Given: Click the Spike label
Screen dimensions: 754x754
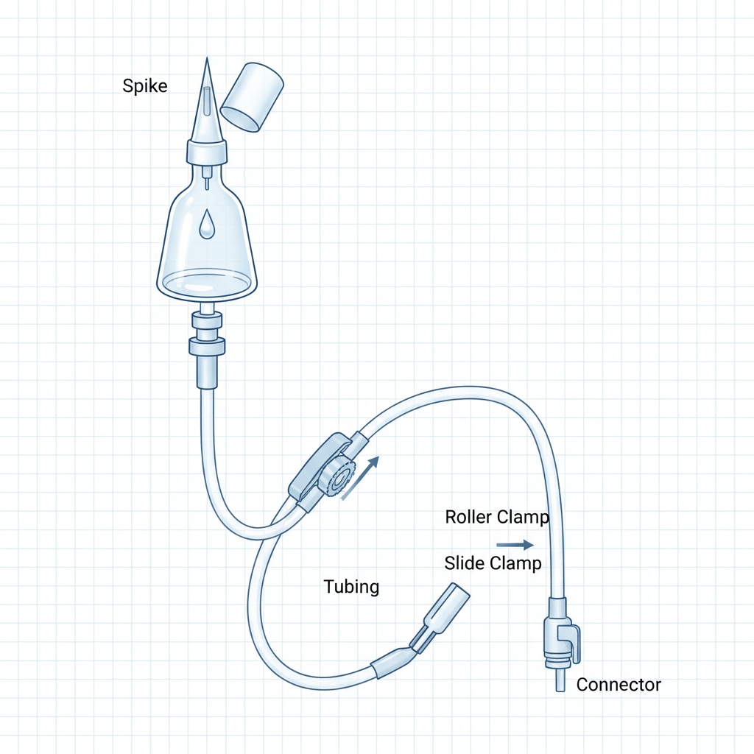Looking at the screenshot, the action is (x=145, y=86).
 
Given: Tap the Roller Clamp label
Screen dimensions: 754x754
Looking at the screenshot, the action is (x=497, y=517).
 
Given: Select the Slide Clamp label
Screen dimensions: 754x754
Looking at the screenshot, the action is (x=493, y=563).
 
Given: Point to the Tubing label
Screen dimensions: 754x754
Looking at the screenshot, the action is (x=351, y=587).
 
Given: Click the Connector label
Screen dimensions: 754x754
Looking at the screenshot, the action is (x=619, y=685).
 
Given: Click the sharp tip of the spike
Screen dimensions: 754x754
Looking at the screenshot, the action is (x=207, y=58).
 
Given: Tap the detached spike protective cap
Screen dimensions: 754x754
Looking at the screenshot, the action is (x=252, y=96).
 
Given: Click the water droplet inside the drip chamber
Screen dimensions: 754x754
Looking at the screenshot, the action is (x=207, y=224).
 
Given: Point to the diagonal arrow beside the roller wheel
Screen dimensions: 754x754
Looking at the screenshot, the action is (x=360, y=478).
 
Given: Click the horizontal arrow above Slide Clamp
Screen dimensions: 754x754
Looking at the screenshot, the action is (x=515, y=545).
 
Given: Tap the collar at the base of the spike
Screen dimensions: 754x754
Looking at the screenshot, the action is (x=207, y=151).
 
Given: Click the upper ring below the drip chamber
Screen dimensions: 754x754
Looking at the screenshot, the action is (x=207, y=320).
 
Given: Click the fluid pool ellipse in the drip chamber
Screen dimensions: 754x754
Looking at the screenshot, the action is (x=207, y=282).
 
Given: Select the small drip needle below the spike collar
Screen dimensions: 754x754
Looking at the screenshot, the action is (x=207, y=177).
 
